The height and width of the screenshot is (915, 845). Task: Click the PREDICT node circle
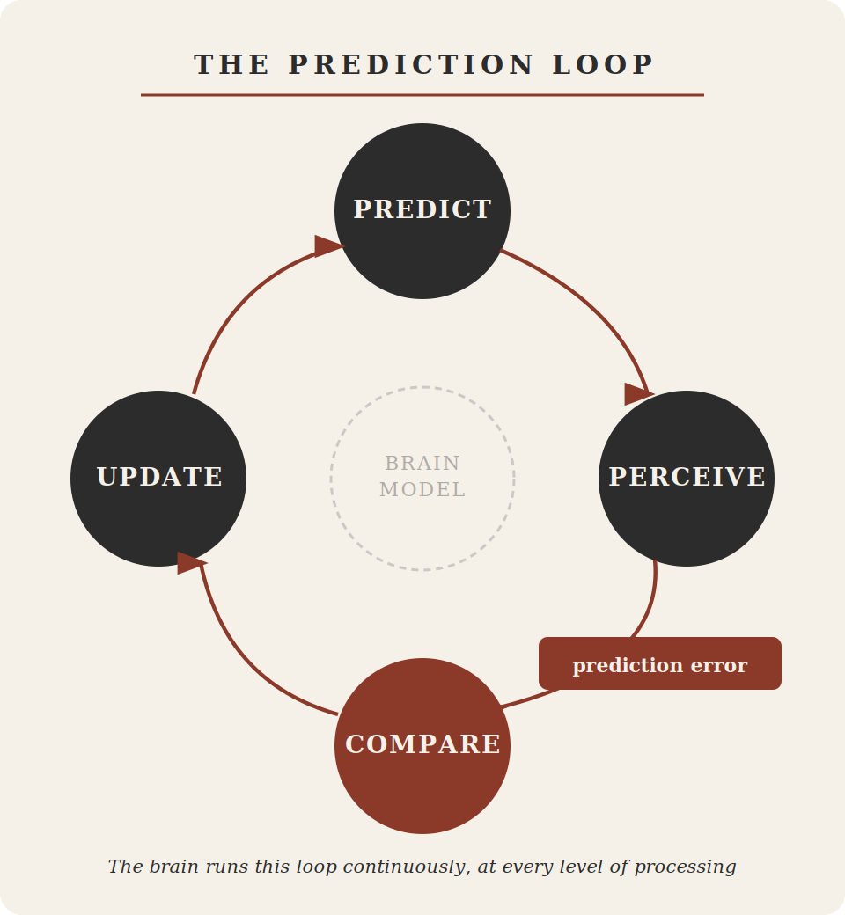[422, 211]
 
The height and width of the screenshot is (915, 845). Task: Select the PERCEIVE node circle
[687, 478]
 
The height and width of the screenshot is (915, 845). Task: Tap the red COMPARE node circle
[422, 745]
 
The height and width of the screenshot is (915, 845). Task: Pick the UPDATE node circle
[158, 478]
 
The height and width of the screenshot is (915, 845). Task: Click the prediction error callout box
[660, 663]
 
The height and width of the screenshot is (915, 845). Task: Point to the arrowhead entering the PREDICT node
[327, 246]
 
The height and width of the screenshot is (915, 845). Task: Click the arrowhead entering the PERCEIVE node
[637, 394]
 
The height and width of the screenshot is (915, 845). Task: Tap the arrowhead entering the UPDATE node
[190, 563]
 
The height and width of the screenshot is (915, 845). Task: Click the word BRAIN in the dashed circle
[422, 463]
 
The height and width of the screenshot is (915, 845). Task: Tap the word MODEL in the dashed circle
[422, 490]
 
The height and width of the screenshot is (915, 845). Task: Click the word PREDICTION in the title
[411, 64]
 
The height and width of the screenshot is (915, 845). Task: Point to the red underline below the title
[422, 95]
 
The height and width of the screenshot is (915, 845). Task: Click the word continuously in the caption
[405, 867]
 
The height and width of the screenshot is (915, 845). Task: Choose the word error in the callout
[718, 665]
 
